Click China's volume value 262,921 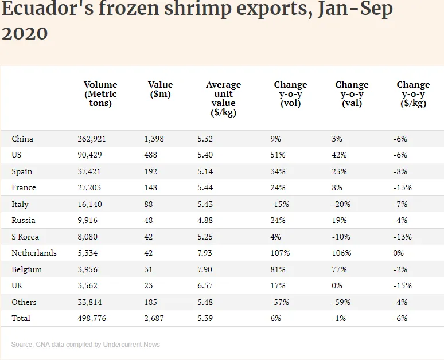click(x=92, y=139)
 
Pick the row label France click(x=24, y=187)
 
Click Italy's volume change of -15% click(x=279, y=204)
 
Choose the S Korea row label click(x=25, y=237)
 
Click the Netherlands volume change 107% click(x=280, y=253)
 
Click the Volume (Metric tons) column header click(x=100, y=94)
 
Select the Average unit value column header click(x=224, y=99)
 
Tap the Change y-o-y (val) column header click(x=352, y=94)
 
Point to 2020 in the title click(x=25, y=33)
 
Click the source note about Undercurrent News click(x=85, y=345)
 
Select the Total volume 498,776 click(x=92, y=318)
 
